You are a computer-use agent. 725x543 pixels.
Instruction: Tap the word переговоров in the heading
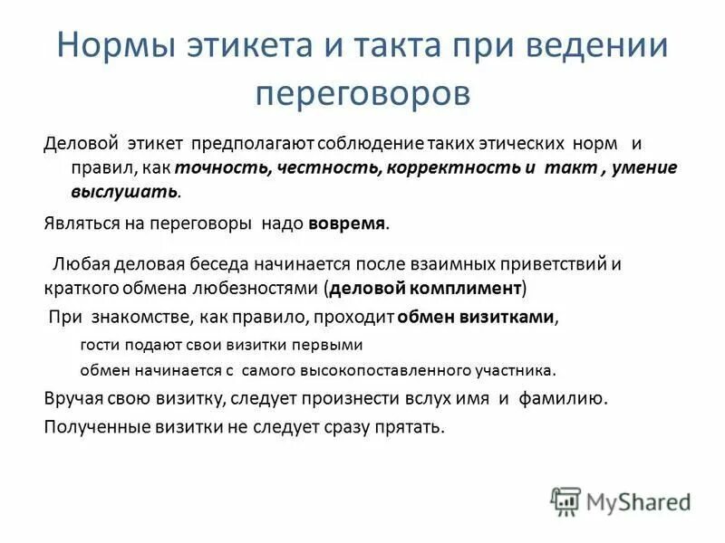pyautogui.click(x=362, y=92)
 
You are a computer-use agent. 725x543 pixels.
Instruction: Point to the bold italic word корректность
pyautogui.click(x=410, y=168)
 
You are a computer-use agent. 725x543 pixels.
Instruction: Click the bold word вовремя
pyautogui.click(x=347, y=222)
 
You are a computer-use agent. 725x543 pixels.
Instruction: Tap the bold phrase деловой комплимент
pyautogui.click(x=425, y=289)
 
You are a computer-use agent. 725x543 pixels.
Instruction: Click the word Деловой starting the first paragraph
pyautogui.click(x=78, y=145)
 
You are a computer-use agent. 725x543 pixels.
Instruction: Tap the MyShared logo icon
pyautogui.click(x=565, y=500)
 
